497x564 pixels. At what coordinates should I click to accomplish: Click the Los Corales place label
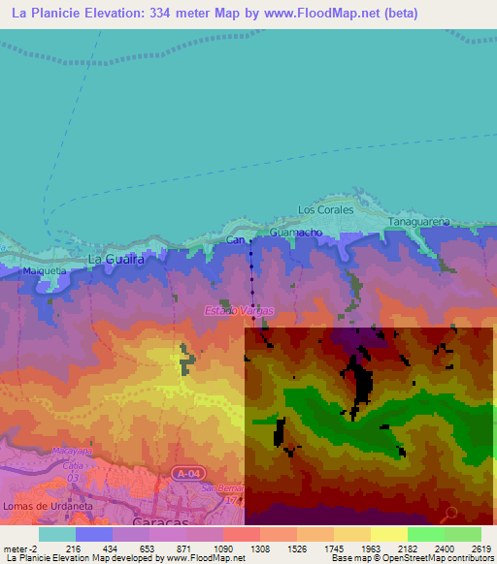(x=320, y=209)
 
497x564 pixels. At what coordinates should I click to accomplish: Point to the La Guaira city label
(x=116, y=260)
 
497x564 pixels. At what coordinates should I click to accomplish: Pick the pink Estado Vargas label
(x=239, y=310)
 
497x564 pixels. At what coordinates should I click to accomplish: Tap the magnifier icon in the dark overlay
(x=449, y=514)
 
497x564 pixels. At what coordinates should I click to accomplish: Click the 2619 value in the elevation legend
(x=481, y=548)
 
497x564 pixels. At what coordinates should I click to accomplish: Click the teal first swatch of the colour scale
(x=57, y=534)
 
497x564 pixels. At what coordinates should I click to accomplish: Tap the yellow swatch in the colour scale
(x=388, y=534)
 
